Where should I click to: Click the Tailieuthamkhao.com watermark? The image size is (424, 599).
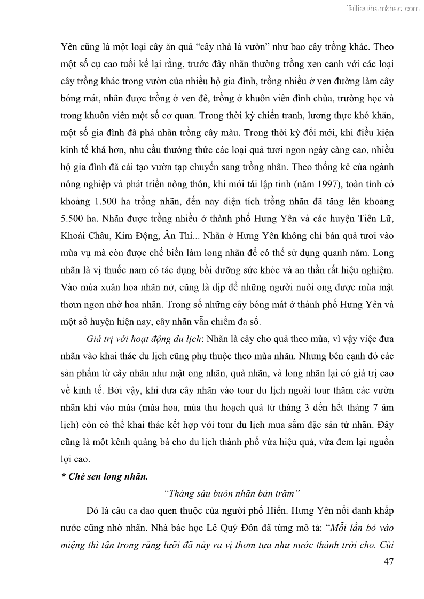pos(383,8)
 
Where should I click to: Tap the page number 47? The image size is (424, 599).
pos(388,562)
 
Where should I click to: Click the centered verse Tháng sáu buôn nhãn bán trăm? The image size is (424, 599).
pos(233,492)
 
